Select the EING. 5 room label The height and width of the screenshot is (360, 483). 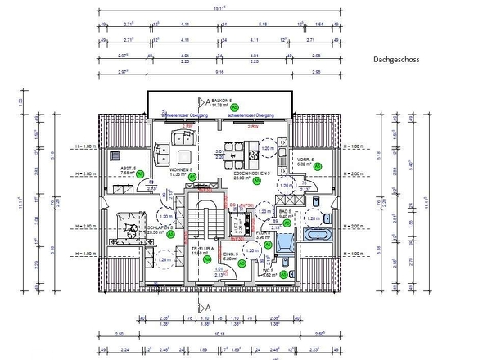point(230,254)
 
